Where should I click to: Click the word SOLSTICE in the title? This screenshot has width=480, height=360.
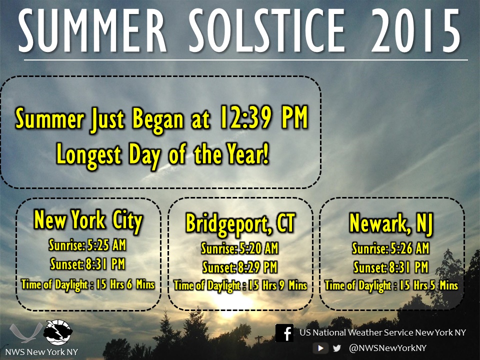267,30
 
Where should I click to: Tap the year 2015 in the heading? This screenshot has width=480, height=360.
415,30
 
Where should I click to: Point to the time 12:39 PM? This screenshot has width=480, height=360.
264,117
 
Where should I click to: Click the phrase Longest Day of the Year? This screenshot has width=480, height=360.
163,155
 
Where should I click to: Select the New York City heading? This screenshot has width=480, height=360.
88,220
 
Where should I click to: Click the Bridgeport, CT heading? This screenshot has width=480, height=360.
240,223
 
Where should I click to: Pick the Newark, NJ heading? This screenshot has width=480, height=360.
391,223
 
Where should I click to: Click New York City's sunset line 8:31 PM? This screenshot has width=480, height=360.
87,264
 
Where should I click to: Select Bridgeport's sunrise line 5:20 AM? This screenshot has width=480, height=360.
239,248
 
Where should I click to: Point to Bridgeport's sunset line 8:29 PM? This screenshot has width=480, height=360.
239,267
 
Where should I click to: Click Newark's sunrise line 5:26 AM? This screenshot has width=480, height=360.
391,248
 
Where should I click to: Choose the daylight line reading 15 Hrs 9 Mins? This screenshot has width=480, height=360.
240,285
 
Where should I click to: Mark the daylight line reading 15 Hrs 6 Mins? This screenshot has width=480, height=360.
88,284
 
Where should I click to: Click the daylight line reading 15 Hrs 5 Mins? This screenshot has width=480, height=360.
391,285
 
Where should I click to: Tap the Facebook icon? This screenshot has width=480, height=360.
284,333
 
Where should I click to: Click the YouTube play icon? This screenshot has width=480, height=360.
320,348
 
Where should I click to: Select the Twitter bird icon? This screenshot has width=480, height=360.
337,348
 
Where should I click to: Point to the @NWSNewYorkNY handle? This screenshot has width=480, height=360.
387,348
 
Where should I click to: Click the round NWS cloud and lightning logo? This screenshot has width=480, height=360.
58,332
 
